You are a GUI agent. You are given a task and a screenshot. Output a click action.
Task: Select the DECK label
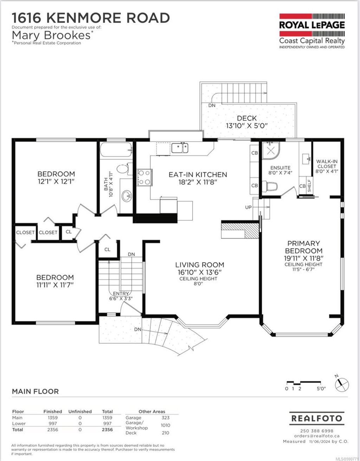coord(246,119)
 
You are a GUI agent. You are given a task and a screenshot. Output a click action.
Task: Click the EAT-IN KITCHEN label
coord(198,174)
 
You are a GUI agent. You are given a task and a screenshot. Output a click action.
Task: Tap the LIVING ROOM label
coord(199,265)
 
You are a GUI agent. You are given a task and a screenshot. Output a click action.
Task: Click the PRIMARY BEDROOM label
coord(303,247)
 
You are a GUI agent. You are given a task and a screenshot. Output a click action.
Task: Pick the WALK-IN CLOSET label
coord(327,164)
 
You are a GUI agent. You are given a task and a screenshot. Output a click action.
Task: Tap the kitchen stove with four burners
coord(144,177)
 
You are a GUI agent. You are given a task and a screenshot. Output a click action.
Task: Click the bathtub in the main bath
coord(116,151)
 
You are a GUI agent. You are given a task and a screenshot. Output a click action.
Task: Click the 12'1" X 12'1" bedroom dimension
coord(56,181)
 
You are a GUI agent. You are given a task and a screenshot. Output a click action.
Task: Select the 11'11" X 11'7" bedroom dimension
coord(55,285)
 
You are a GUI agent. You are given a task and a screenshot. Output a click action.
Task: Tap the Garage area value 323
coord(165,418)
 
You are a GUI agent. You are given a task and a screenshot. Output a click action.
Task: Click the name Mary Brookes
coord(52,35)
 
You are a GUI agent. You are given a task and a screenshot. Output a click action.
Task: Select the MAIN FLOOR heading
coord(35,391)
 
